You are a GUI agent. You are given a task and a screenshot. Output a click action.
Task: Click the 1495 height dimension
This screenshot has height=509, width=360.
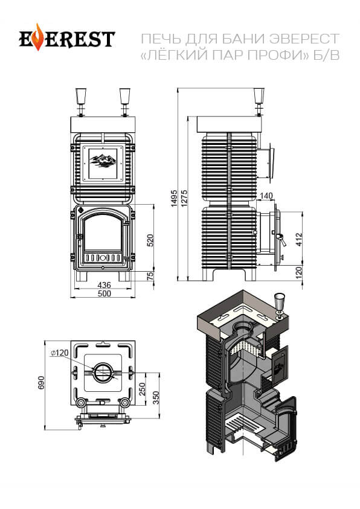coord(174,198)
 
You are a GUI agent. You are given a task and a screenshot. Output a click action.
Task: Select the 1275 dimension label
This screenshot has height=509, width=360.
coord(184,198)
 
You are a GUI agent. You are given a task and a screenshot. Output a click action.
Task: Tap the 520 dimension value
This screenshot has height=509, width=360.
coord(150,240)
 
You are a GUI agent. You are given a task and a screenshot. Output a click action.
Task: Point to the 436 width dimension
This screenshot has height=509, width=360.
coord(104,285)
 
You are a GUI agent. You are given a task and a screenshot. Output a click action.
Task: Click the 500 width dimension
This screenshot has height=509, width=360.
coord(104,293)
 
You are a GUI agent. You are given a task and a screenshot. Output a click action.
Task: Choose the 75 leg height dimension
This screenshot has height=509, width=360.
coord(150,276)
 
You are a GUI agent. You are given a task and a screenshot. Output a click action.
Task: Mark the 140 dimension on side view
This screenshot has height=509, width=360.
coord(266,196)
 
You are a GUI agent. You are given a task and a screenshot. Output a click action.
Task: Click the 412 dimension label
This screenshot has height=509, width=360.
coord(299,239)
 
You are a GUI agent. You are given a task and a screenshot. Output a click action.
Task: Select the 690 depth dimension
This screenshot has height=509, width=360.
coord(41,383)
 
